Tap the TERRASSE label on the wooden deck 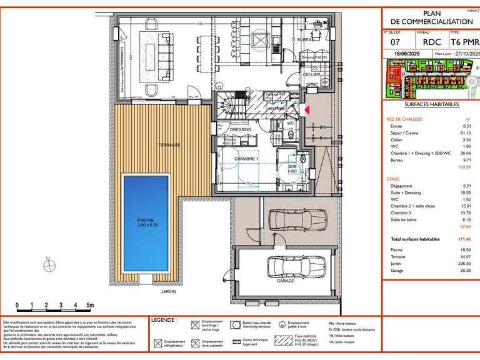click(x=169, y=145)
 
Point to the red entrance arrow click(x=306, y=110)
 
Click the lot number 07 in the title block click(x=396, y=42)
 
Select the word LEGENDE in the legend click(x=164, y=320)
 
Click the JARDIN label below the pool click(x=168, y=291)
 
